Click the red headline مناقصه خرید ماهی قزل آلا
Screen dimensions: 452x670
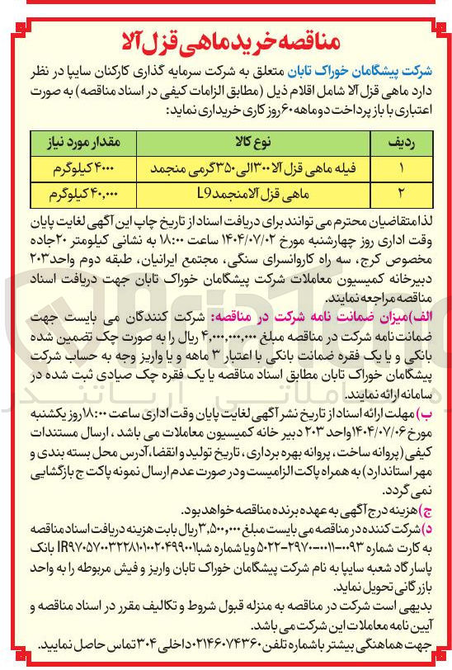click(226, 36)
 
